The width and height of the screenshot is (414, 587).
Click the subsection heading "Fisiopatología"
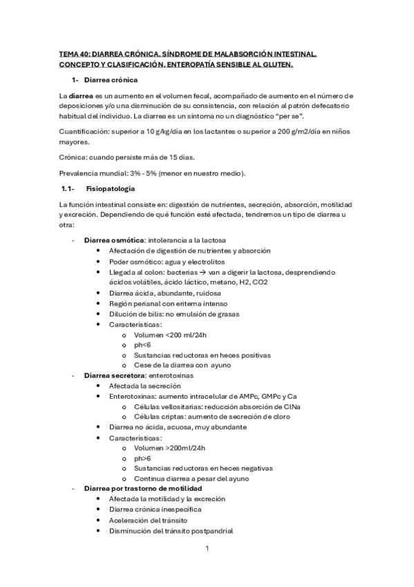[110, 188]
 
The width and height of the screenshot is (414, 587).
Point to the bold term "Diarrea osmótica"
[109, 240]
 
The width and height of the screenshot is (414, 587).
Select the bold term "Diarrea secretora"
[109, 375]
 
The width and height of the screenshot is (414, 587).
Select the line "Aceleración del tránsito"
[147, 520]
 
